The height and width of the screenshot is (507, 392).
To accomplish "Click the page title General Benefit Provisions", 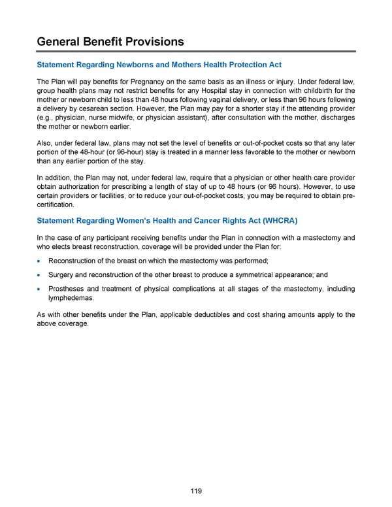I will [110, 42].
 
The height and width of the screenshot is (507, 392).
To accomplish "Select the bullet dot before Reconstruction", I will [41, 261].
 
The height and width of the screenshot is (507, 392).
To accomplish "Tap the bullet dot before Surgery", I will [41, 275].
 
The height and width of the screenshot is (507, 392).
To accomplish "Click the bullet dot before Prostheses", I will [41, 289].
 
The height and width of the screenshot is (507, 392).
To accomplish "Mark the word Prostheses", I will [69, 288].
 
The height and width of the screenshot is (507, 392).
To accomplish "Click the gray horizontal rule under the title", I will [196, 51].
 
